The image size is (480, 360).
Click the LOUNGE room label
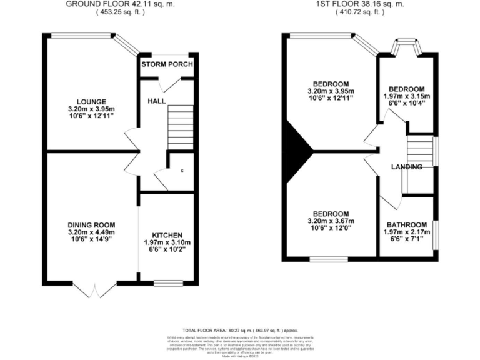pos(92,102)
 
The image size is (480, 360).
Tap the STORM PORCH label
pos(167,65)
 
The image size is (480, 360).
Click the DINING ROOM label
pos(91,226)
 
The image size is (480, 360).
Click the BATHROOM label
pos(406,226)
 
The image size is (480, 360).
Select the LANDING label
pos(406,167)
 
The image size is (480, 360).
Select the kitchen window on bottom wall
pos(167,282)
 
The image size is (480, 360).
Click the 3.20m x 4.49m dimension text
pos(91,234)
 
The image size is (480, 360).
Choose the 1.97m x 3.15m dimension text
pos(406,96)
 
